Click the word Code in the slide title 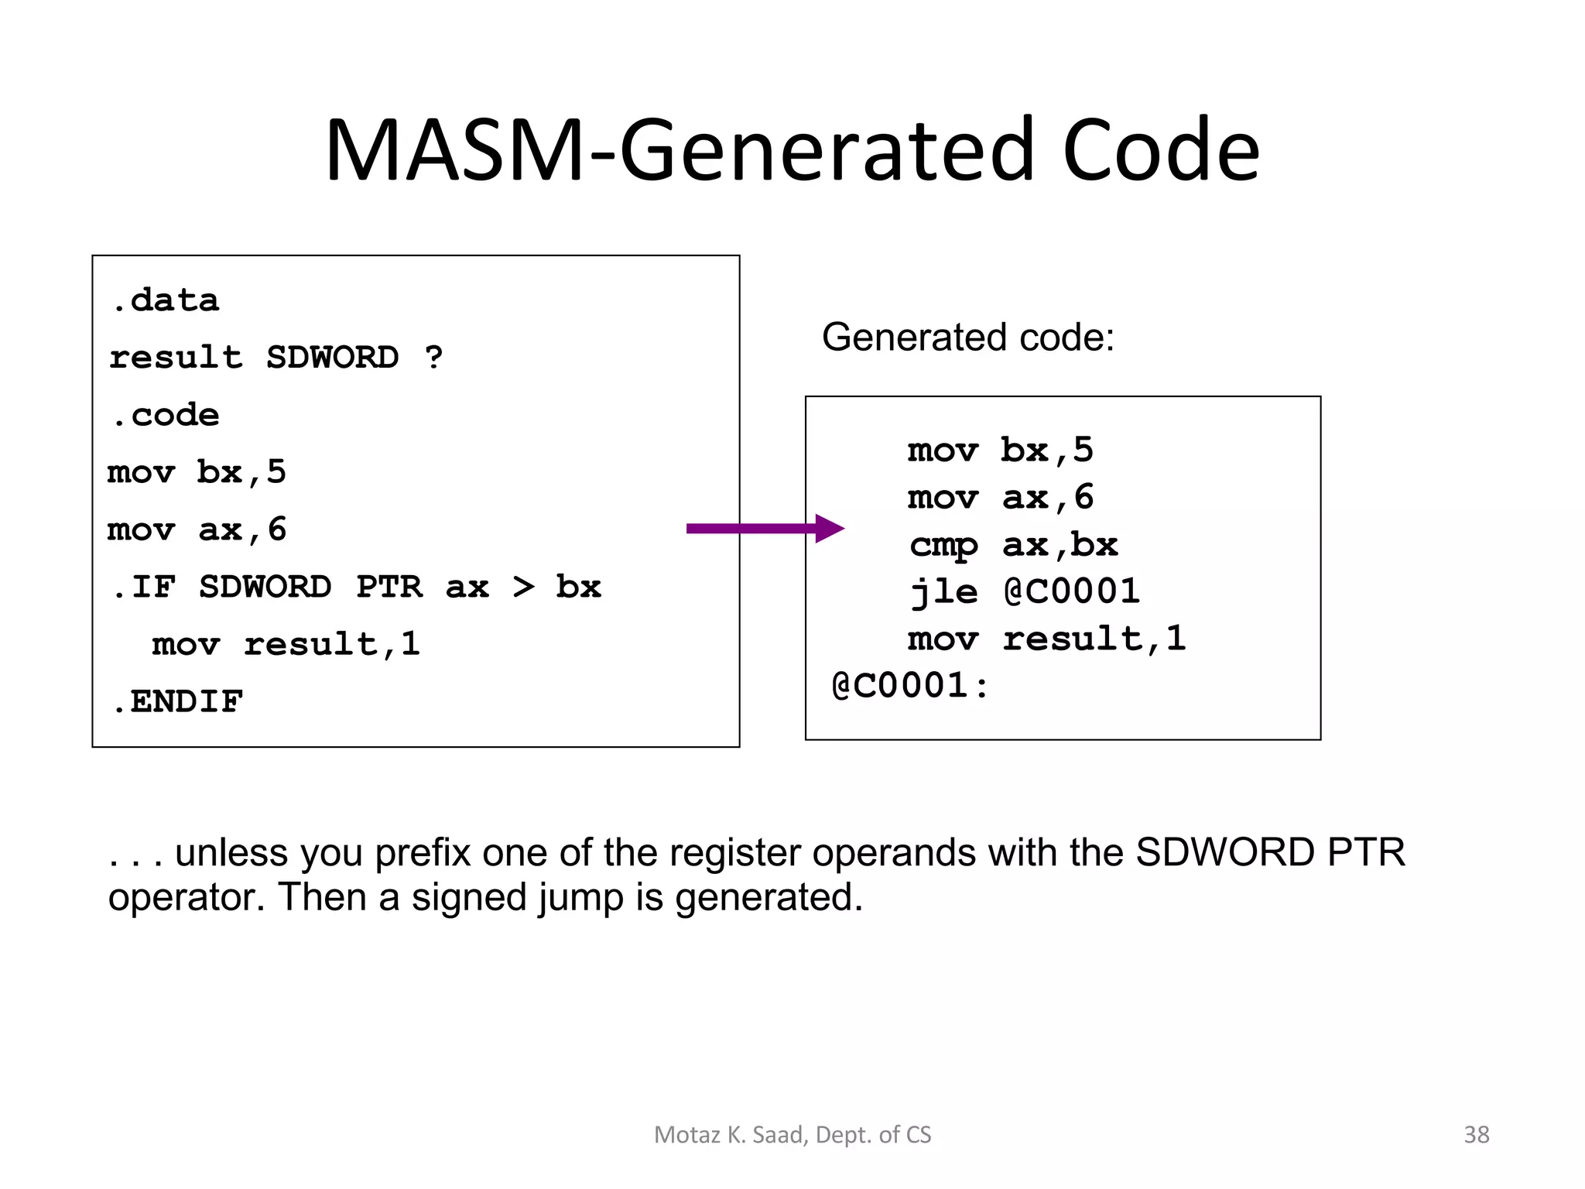coord(1161,151)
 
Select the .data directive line coord(165,300)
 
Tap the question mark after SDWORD coord(434,358)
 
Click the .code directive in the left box coord(165,415)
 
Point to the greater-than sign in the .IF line coord(524,587)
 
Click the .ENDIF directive coord(176,701)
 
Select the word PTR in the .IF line coord(389,587)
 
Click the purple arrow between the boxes coord(762,529)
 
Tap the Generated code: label coord(967,338)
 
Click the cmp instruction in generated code coord(943,546)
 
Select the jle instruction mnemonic coord(943,592)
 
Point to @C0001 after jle coord(1072,592)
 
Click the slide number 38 coord(1476,1135)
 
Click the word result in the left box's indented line coord(310,644)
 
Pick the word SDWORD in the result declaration coord(333,358)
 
